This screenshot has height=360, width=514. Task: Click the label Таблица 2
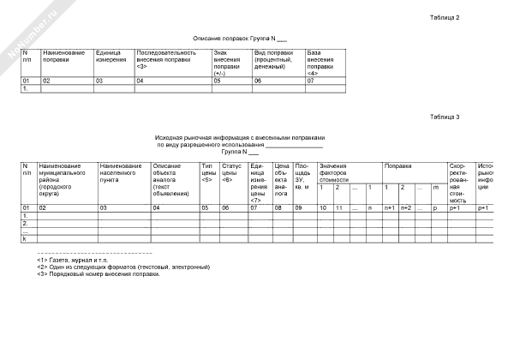tap(445, 18)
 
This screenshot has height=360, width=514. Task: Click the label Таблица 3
tap(445, 117)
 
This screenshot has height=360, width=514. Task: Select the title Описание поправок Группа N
tap(239, 39)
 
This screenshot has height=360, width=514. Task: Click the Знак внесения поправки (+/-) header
tap(226, 63)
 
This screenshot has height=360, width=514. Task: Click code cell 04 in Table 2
tap(140, 80)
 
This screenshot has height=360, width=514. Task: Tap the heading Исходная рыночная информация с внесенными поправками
tap(240, 137)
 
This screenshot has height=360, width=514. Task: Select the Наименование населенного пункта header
tap(120, 172)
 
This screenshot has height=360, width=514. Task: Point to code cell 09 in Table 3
tap(299, 207)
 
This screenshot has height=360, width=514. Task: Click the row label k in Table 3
tap(24, 237)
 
